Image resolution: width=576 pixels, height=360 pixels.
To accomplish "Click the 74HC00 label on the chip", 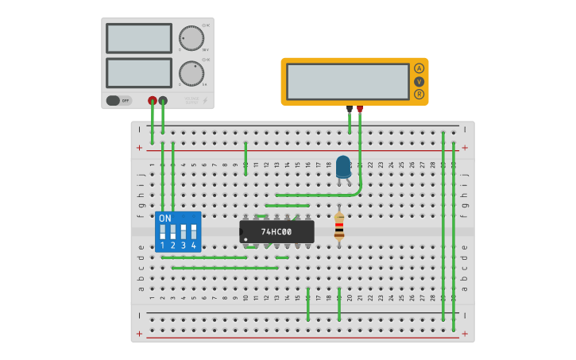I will pyautogui.click(x=276, y=232).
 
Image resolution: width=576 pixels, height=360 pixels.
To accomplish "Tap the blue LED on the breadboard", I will pyautogui.click(x=343, y=167).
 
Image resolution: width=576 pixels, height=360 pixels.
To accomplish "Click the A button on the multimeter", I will pyautogui.click(x=419, y=68).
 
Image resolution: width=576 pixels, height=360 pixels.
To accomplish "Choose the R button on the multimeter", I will pyautogui.click(x=419, y=94).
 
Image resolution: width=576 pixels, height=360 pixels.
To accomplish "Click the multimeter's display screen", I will pyautogui.click(x=348, y=81).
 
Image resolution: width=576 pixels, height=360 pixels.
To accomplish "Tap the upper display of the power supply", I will pyautogui.click(x=139, y=38).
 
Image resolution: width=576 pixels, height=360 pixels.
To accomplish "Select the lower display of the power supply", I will pyautogui.click(x=139, y=73).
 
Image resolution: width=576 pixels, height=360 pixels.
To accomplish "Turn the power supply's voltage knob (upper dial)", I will pyautogui.click(x=191, y=38).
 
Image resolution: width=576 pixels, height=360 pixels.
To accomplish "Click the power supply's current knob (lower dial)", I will pyautogui.click(x=191, y=73).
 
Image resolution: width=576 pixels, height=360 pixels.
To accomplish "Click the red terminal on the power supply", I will pyautogui.click(x=153, y=101).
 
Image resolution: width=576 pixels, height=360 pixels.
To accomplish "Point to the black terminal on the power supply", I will pyautogui.click(x=163, y=101).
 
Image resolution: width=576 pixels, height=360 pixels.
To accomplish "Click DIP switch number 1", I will pyautogui.click(x=163, y=231).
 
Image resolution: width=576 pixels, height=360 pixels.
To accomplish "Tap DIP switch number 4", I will pyautogui.click(x=193, y=231).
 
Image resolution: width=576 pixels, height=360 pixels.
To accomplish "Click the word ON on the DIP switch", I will pyautogui.click(x=165, y=218).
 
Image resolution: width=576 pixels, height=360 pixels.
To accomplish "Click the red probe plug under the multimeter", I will pyautogui.click(x=360, y=108).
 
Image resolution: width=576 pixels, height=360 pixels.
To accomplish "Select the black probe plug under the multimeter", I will pyautogui.click(x=349, y=108).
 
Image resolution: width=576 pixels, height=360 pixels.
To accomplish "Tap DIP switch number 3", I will pyautogui.click(x=183, y=231).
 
